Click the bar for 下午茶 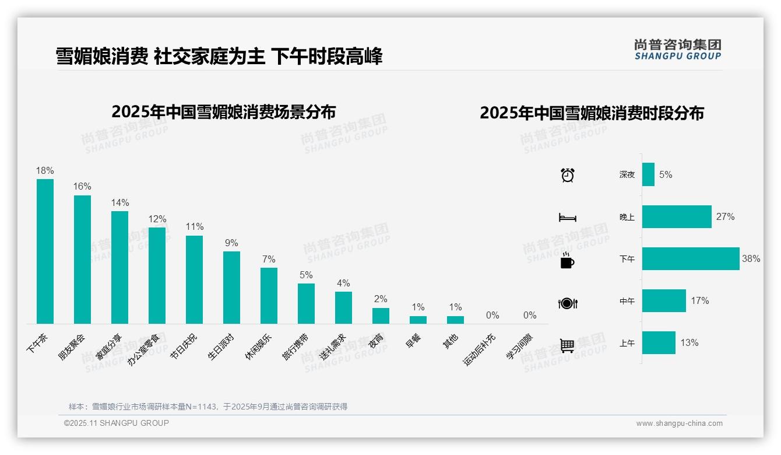click(x=45, y=251)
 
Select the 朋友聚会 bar click(x=82, y=259)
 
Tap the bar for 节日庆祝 click(x=194, y=279)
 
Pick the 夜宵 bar click(x=381, y=316)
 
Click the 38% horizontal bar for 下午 click(x=691, y=258)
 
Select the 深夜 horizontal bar click(x=648, y=174)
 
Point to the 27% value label click(x=726, y=216)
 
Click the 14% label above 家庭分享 click(x=119, y=202)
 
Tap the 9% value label click(x=231, y=243)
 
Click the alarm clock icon click(x=567, y=174)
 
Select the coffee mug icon click(x=567, y=261)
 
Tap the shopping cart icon click(x=567, y=345)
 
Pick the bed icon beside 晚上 click(x=567, y=218)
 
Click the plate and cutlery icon click(x=567, y=303)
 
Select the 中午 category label click(x=627, y=301)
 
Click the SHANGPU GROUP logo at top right click(x=677, y=49)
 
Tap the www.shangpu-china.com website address click(x=679, y=423)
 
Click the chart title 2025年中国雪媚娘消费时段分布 click(x=592, y=113)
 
